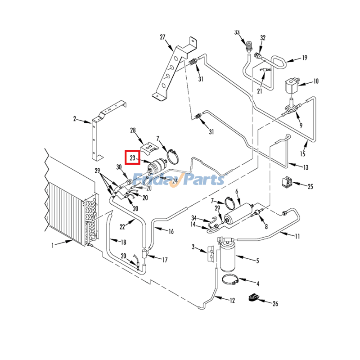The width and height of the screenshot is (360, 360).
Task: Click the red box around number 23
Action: (x=133, y=158)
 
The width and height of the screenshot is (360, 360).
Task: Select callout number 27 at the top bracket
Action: (x=162, y=37)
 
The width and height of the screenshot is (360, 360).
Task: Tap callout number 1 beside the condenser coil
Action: (x=53, y=245)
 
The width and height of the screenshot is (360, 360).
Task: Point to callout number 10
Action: (x=316, y=81)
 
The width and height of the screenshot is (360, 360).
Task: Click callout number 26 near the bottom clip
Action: (x=275, y=304)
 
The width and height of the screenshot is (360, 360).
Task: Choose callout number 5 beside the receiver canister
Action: (x=257, y=261)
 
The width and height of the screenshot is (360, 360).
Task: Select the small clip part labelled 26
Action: (x=253, y=297)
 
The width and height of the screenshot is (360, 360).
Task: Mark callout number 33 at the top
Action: (x=237, y=32)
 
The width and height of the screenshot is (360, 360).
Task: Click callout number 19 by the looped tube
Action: (x=304, y=58)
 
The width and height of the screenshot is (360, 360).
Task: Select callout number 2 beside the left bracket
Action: (x=75, y=119)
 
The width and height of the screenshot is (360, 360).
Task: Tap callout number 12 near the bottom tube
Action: (x=232, y=301)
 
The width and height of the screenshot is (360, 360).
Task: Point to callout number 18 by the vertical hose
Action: (x=122, y=242)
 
